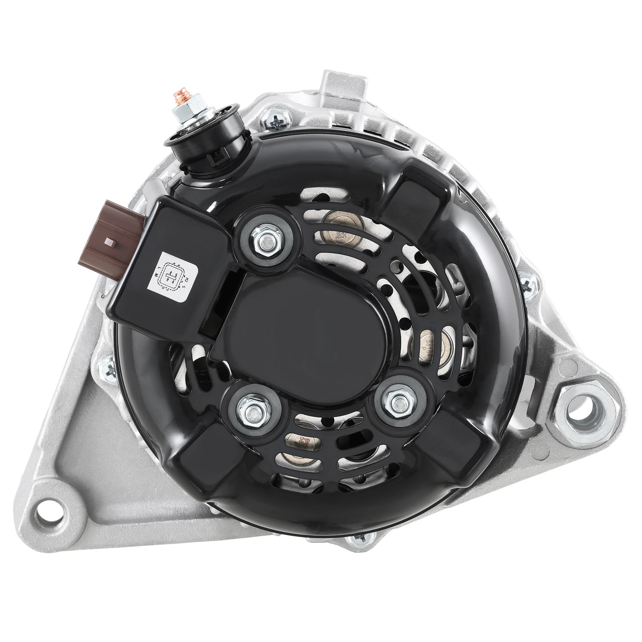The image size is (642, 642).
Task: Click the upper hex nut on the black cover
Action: tap(266, 242)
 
